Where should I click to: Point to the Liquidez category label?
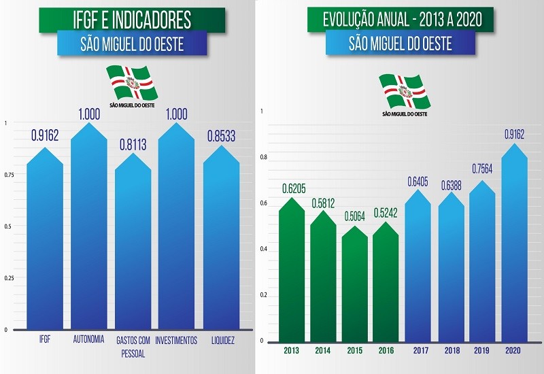point(222,341)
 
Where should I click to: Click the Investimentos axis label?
point(175,341)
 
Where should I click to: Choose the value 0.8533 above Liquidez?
point(222,136)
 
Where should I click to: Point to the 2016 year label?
point(386,352)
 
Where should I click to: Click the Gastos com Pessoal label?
point(133,345)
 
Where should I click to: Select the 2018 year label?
point(450,352)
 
